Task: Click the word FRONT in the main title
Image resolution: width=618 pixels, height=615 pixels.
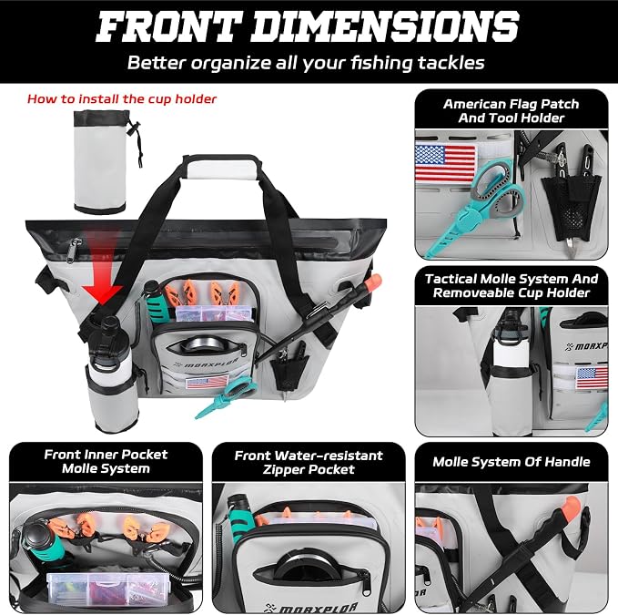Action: pyautogui.click(x=168, y=26)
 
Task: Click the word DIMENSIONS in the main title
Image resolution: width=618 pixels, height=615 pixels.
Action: pyautogui.click(x=385, y=26)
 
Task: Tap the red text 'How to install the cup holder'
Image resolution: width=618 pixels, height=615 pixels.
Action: pyautogui.click(x=122, y=98)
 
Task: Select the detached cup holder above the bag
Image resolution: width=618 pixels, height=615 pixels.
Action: pyautogui.click(x=106, y=162)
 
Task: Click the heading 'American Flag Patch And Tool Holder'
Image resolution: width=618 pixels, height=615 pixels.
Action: pyautogui.click(x=512, y=111)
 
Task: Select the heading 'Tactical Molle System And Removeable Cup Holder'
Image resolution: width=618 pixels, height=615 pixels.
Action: pyautogui.click(x=512, y=285)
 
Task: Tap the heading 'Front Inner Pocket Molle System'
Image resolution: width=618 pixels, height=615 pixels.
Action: pyautogui.click(x=106, y=461)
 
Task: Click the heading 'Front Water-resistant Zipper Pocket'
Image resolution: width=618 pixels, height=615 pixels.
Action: pyautogui.click(x=309, y=462)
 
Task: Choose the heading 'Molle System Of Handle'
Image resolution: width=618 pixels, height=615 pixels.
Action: pyautogui.click(x=512, y=462)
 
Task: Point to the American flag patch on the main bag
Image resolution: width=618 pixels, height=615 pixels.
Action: pyautogui.click(x=207, y=382)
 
